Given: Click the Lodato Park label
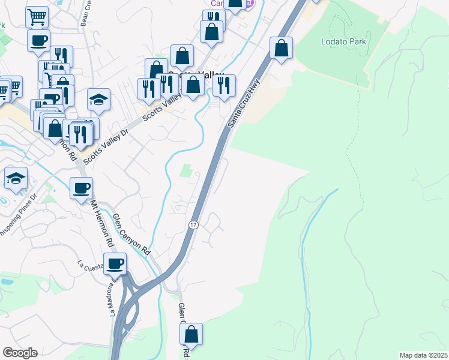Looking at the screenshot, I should pos(338,42).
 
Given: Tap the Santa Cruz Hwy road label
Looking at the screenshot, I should pos(244,104).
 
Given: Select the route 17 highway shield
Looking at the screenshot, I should pos(193,224).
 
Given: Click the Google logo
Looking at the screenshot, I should pos(20,353).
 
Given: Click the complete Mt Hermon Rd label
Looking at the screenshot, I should pos(102,223).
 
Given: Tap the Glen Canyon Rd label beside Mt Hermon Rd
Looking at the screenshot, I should pos(130,231).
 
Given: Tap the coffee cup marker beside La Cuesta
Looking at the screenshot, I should pos(115,263).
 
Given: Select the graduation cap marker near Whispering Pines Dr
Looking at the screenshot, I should pos(16,178).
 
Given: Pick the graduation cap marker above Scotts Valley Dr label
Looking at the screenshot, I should pos(98,100).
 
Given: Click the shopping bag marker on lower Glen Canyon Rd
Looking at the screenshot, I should pos(191,334).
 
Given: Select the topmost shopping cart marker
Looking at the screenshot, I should pos(37,17).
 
